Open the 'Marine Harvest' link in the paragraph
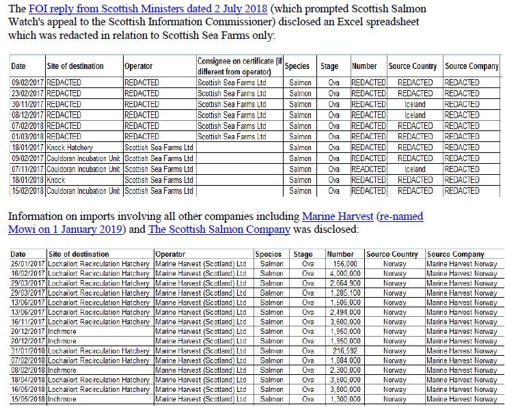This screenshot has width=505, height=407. [338, 216]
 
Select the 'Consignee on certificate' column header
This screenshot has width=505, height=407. [238, 66]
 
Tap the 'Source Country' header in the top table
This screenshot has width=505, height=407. [413, 66]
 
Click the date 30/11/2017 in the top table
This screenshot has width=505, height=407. [27, 104]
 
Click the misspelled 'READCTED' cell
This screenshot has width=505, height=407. [368, 169]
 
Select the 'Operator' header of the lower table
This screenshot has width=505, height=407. [170, 254]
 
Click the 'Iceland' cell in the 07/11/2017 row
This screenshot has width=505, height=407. [415, 169]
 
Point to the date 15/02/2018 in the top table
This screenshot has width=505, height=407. [27, 191]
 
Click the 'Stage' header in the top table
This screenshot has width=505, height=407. [329, 66]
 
